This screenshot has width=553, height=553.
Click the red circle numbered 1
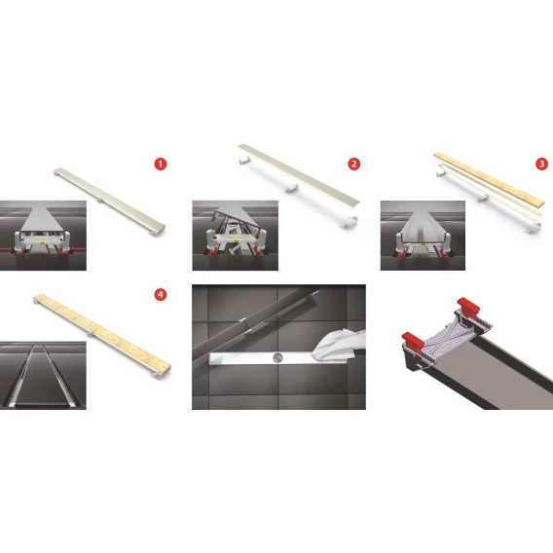click(161, 164)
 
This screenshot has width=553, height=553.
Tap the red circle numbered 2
click(353, 164)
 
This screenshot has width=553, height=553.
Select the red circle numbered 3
click(541, 164)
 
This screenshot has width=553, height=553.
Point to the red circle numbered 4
click(161, 294)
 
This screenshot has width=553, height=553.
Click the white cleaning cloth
click(339, 345)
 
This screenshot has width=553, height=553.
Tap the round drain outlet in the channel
click(277, 357)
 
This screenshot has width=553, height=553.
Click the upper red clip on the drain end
click(468, 306)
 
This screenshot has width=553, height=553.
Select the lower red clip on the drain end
click(413, 340)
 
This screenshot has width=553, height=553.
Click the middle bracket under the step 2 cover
click(291, 189)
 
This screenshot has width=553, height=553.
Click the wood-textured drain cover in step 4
click(102, 332)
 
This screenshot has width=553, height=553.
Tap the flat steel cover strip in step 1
click(110, 199)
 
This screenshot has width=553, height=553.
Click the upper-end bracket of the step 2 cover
click(244, 160)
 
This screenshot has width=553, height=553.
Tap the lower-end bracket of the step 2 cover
click(350, 221)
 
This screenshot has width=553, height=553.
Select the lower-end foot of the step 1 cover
click(157, 233)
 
